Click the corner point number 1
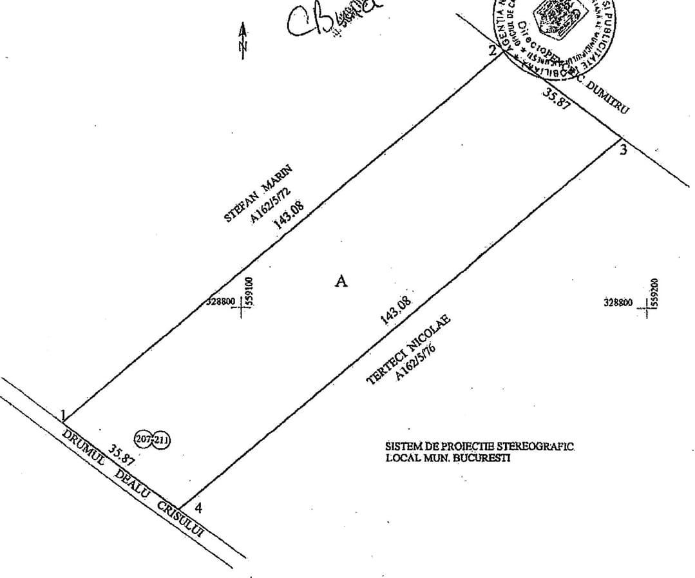pyautogui.click(x=64, y=414)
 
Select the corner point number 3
pyautogui.click(x=624, y=151)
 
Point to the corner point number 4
pyautogui.click(x=198, y=508)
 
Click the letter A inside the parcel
pyautogui.click(x=341, y=281)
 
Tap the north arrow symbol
pyautogui.click(x=243, y=41)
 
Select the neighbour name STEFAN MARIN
pyautogui.click(x=258, y=194)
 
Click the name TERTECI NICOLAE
pyautogui.click(x=408, y=349)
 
